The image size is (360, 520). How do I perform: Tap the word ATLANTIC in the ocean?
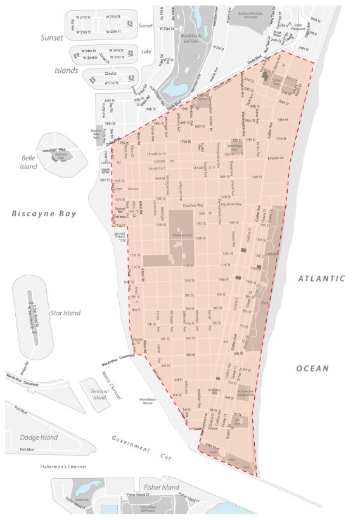click(x=323, y=278)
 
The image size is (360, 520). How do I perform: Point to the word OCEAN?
click(x=312, y=368)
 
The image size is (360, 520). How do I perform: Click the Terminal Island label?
click(x=100, y=395)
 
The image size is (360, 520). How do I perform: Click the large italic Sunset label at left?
click(x=51, y=38)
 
